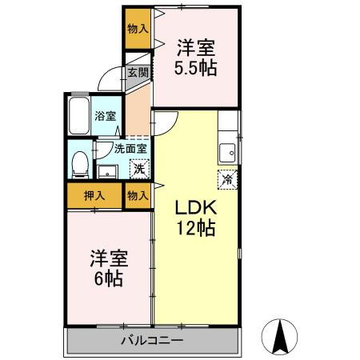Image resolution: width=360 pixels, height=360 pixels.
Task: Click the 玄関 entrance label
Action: [x=138, y=72]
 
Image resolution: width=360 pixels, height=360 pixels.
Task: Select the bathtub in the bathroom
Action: [x=79, y=117]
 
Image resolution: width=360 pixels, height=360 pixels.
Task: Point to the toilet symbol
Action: [x=79, y=164]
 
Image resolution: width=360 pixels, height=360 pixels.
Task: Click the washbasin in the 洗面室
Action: [x=106, y=170]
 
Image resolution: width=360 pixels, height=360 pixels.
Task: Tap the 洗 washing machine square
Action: [x=138, y=169]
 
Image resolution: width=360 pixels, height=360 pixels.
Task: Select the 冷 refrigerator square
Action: [x=226, y=179]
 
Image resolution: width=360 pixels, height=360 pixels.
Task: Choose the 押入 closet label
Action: [x=94, y=194]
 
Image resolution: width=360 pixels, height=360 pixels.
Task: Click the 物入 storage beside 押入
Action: [x=138, y=194]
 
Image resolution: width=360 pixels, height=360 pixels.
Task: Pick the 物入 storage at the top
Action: [x=138, y=28]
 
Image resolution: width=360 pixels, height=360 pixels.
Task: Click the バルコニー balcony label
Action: [x=152, y=341]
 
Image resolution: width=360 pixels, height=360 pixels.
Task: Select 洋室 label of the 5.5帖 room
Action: [x=197, y=46]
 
